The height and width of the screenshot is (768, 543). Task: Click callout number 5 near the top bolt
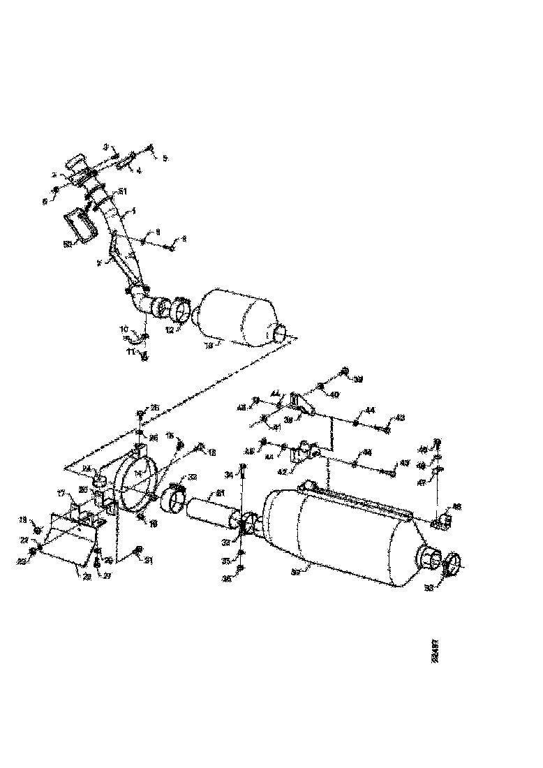point(165,158)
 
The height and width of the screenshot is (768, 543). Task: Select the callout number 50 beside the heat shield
point(68,244)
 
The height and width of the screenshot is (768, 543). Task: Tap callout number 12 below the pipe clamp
point(169,329)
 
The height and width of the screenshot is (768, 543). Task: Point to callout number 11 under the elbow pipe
point(131,354)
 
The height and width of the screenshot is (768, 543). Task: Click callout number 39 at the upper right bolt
point(358,379)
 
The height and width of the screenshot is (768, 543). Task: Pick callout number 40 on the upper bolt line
point(334,394)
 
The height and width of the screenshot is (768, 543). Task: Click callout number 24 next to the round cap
point(87,468)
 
